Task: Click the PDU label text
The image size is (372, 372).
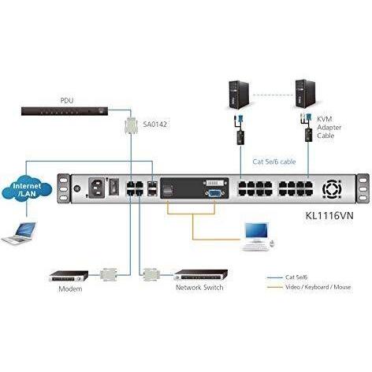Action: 66,100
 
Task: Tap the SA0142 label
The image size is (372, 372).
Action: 154,123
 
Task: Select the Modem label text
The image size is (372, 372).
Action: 70,288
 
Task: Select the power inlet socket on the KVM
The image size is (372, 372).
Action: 100,188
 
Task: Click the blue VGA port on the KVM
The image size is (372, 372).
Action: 214,191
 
